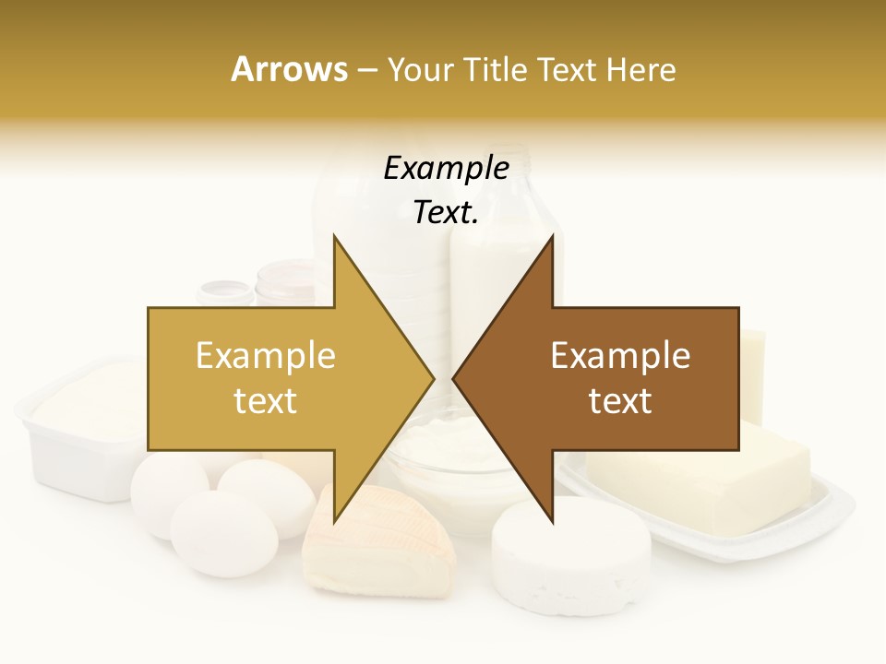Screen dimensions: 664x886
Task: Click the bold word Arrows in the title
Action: [289, 69]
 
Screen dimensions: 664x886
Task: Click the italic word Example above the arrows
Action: [446, 168]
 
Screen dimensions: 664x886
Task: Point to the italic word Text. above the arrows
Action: [446, 212]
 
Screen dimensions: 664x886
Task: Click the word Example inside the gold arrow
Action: [265, 355]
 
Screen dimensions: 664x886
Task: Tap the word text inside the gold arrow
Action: [265, 400]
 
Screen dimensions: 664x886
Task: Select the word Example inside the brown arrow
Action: [620, 355]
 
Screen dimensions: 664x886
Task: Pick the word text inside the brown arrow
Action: [620, 400]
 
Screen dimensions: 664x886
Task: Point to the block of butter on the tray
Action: [701, 480]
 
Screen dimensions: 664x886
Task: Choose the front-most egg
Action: [223, 533]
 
